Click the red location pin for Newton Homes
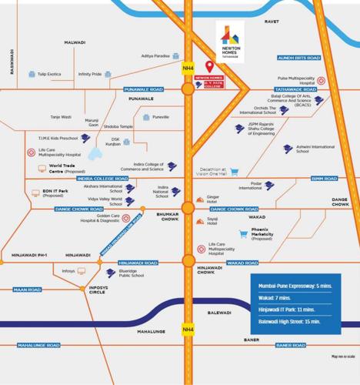pyautogui.click(x=210, y=68)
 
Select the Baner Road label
pyautogui.click(x=290, y=346)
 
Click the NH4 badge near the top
pyautogui.click(x=188, y=69)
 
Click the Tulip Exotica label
pyautogui.click(x=48, y=75)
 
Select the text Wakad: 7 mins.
pyautogui.click(x=275, y=296)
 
